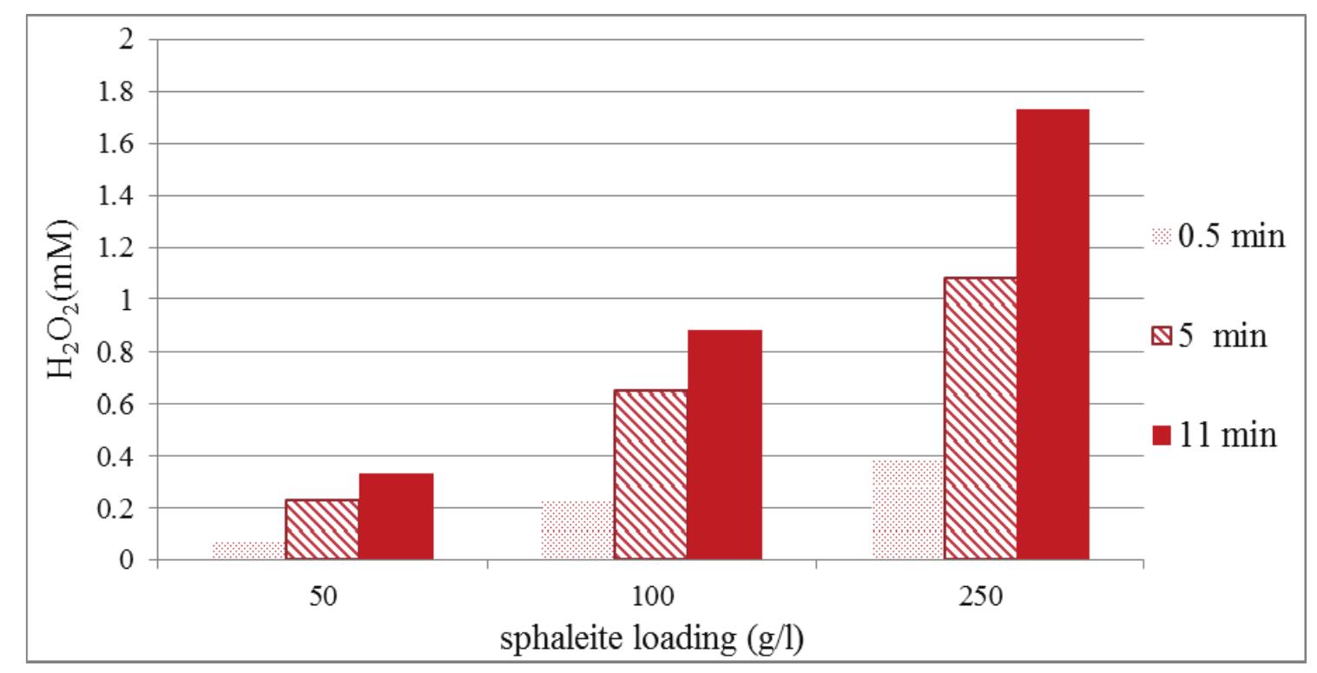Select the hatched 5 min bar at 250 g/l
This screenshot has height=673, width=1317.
[x=980, y=419]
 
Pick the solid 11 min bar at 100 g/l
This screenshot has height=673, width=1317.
[x=724, y=445]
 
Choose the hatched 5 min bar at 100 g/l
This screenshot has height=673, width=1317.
[x=650, y=474]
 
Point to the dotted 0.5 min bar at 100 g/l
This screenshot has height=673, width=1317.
[x=576, y=531]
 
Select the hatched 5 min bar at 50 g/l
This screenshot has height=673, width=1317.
[x=322, y=530]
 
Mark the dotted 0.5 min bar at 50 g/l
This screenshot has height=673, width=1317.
[x=248, y=551]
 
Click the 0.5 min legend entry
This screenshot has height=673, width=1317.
[x=1216, y=236]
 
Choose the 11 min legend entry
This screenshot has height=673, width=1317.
[x=1215, y=433]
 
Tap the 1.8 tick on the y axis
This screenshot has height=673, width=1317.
[x=121, y=92]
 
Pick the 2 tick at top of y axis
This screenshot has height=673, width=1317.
[x=128, y=40]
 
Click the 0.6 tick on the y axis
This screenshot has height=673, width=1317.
[x=121, y=404]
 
